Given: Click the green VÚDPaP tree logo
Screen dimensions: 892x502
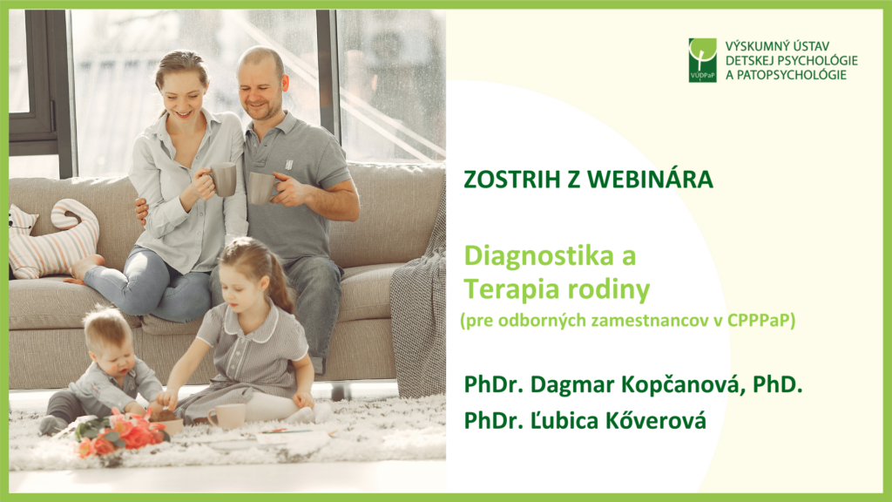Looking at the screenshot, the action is (x=703, y=60).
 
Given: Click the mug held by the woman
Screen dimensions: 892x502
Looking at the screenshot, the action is (x=222, y=180).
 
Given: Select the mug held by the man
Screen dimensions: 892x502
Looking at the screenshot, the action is (x=261, y=188).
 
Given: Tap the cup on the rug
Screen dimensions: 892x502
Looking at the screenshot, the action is (x=227, y=416).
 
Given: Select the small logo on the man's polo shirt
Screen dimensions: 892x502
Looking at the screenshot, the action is (x=288, y=165).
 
